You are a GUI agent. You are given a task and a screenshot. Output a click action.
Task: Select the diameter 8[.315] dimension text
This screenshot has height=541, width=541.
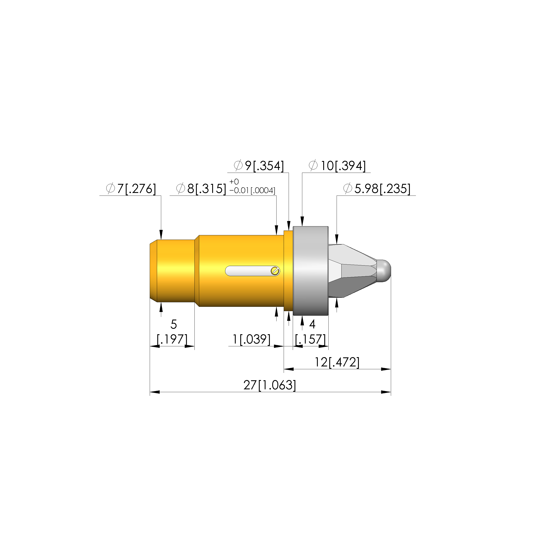(x=201, y=189)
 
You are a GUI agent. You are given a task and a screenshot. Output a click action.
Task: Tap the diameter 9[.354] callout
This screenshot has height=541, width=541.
(x=259, y=166)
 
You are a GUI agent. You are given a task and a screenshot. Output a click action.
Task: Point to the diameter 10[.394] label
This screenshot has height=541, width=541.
(x=337, y=166)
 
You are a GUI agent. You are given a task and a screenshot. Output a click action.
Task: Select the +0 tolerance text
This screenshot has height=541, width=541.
(x=234, y=182)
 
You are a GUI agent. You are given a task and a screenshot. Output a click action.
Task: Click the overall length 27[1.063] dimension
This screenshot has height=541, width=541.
(x=270, y=385)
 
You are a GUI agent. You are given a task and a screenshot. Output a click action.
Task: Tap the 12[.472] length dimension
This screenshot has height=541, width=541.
(x=337, y=362)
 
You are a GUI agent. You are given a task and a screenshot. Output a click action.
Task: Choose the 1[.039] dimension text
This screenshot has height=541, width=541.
(x=251, y=339)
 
